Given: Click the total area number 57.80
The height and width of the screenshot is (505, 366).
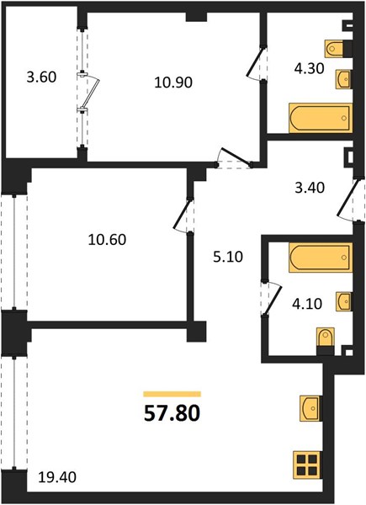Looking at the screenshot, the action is [x=172, y=413].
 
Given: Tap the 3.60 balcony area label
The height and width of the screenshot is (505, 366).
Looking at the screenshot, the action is [x=41, y=77].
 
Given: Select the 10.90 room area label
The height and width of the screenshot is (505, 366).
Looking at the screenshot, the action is [x=173, y=82].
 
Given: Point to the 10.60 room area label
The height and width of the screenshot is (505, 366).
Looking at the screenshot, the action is [x=107, y=240].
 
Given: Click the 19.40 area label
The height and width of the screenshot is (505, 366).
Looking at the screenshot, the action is [x=57, y=477].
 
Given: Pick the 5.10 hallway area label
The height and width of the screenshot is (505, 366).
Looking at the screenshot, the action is [x=228, y=257].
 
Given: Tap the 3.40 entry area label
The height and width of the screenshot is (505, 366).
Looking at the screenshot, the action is [x=310, y=188].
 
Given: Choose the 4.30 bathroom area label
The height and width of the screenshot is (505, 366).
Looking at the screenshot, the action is [x=309, y=69].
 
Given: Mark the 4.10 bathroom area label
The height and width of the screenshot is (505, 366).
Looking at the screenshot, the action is [x=307, y=304].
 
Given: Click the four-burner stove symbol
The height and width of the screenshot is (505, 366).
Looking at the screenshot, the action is [x=307, y=464].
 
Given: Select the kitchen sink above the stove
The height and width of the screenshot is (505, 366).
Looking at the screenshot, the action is [x=310, y=408].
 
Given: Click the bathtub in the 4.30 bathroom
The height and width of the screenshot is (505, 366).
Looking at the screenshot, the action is [x=321, y=118].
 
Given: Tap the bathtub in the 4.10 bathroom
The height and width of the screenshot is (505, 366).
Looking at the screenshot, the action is [x=321, y=258].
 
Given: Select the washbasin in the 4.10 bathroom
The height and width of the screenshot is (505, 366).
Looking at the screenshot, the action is [x=344, y=301].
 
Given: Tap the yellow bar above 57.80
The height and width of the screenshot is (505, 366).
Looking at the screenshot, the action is [x=172, y=394].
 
